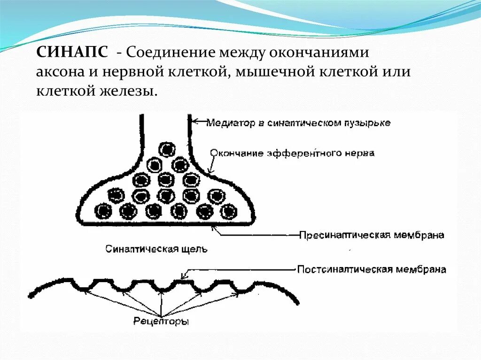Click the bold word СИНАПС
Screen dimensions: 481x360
pos(72,52)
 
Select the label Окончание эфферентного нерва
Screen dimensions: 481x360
pos(292,153)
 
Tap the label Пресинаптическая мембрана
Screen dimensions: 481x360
pos(372,235)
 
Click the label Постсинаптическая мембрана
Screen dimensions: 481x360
pos(372,270)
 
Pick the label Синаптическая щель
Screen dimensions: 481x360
pos(156,248)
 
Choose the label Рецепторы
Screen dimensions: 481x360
pos(161,322)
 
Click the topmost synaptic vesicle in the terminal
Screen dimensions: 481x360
pos(167,149)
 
